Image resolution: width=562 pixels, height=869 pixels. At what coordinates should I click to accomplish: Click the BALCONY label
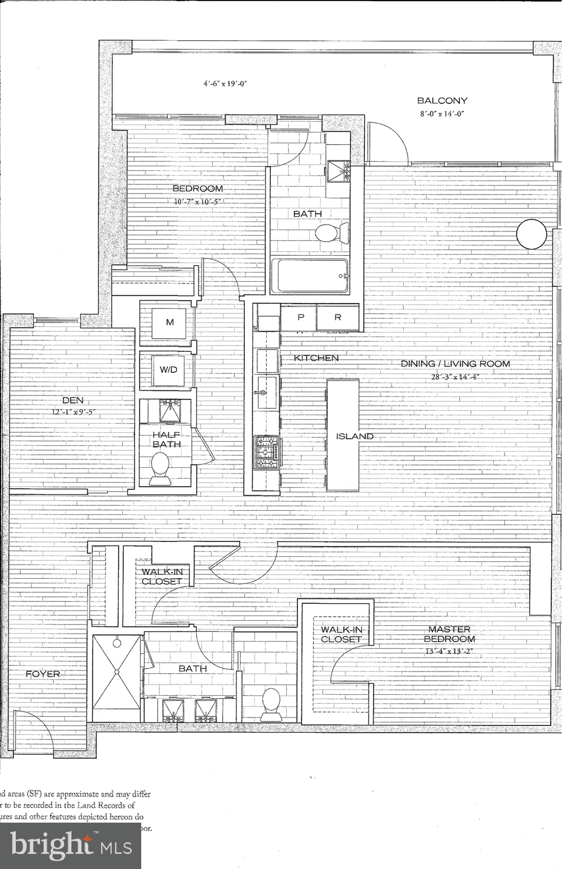[442, 101]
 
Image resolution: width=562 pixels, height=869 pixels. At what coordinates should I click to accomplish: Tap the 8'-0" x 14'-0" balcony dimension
[442, 114]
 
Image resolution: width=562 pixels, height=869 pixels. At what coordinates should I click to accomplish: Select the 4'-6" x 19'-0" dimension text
[226, 83]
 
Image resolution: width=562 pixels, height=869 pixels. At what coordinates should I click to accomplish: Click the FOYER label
[43, 674]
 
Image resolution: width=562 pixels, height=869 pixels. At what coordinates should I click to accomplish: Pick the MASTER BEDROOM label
[449, 634]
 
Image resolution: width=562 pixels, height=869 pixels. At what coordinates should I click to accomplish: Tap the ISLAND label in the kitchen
[355, 436]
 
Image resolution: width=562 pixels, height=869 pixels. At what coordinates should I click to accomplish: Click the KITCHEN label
[316, 358]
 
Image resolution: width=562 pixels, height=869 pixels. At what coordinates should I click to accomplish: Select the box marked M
[169, 322]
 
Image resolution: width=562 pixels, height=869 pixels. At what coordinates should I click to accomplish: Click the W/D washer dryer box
[168, 370]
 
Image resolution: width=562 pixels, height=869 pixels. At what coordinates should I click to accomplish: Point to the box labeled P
[301, 317]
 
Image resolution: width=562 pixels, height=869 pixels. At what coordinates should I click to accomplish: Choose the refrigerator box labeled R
[338, 317]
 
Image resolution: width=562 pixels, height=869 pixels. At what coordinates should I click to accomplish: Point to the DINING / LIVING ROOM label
[455, 364]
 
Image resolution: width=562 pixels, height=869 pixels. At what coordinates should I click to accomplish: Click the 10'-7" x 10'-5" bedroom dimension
[197, 201]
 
